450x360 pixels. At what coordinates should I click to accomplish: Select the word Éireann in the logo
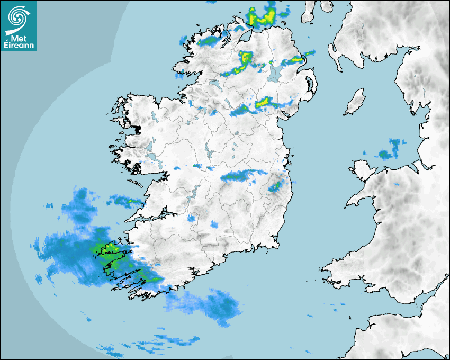click(19, 46)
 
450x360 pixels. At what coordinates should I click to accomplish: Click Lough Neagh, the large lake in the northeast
click(275, 73)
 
